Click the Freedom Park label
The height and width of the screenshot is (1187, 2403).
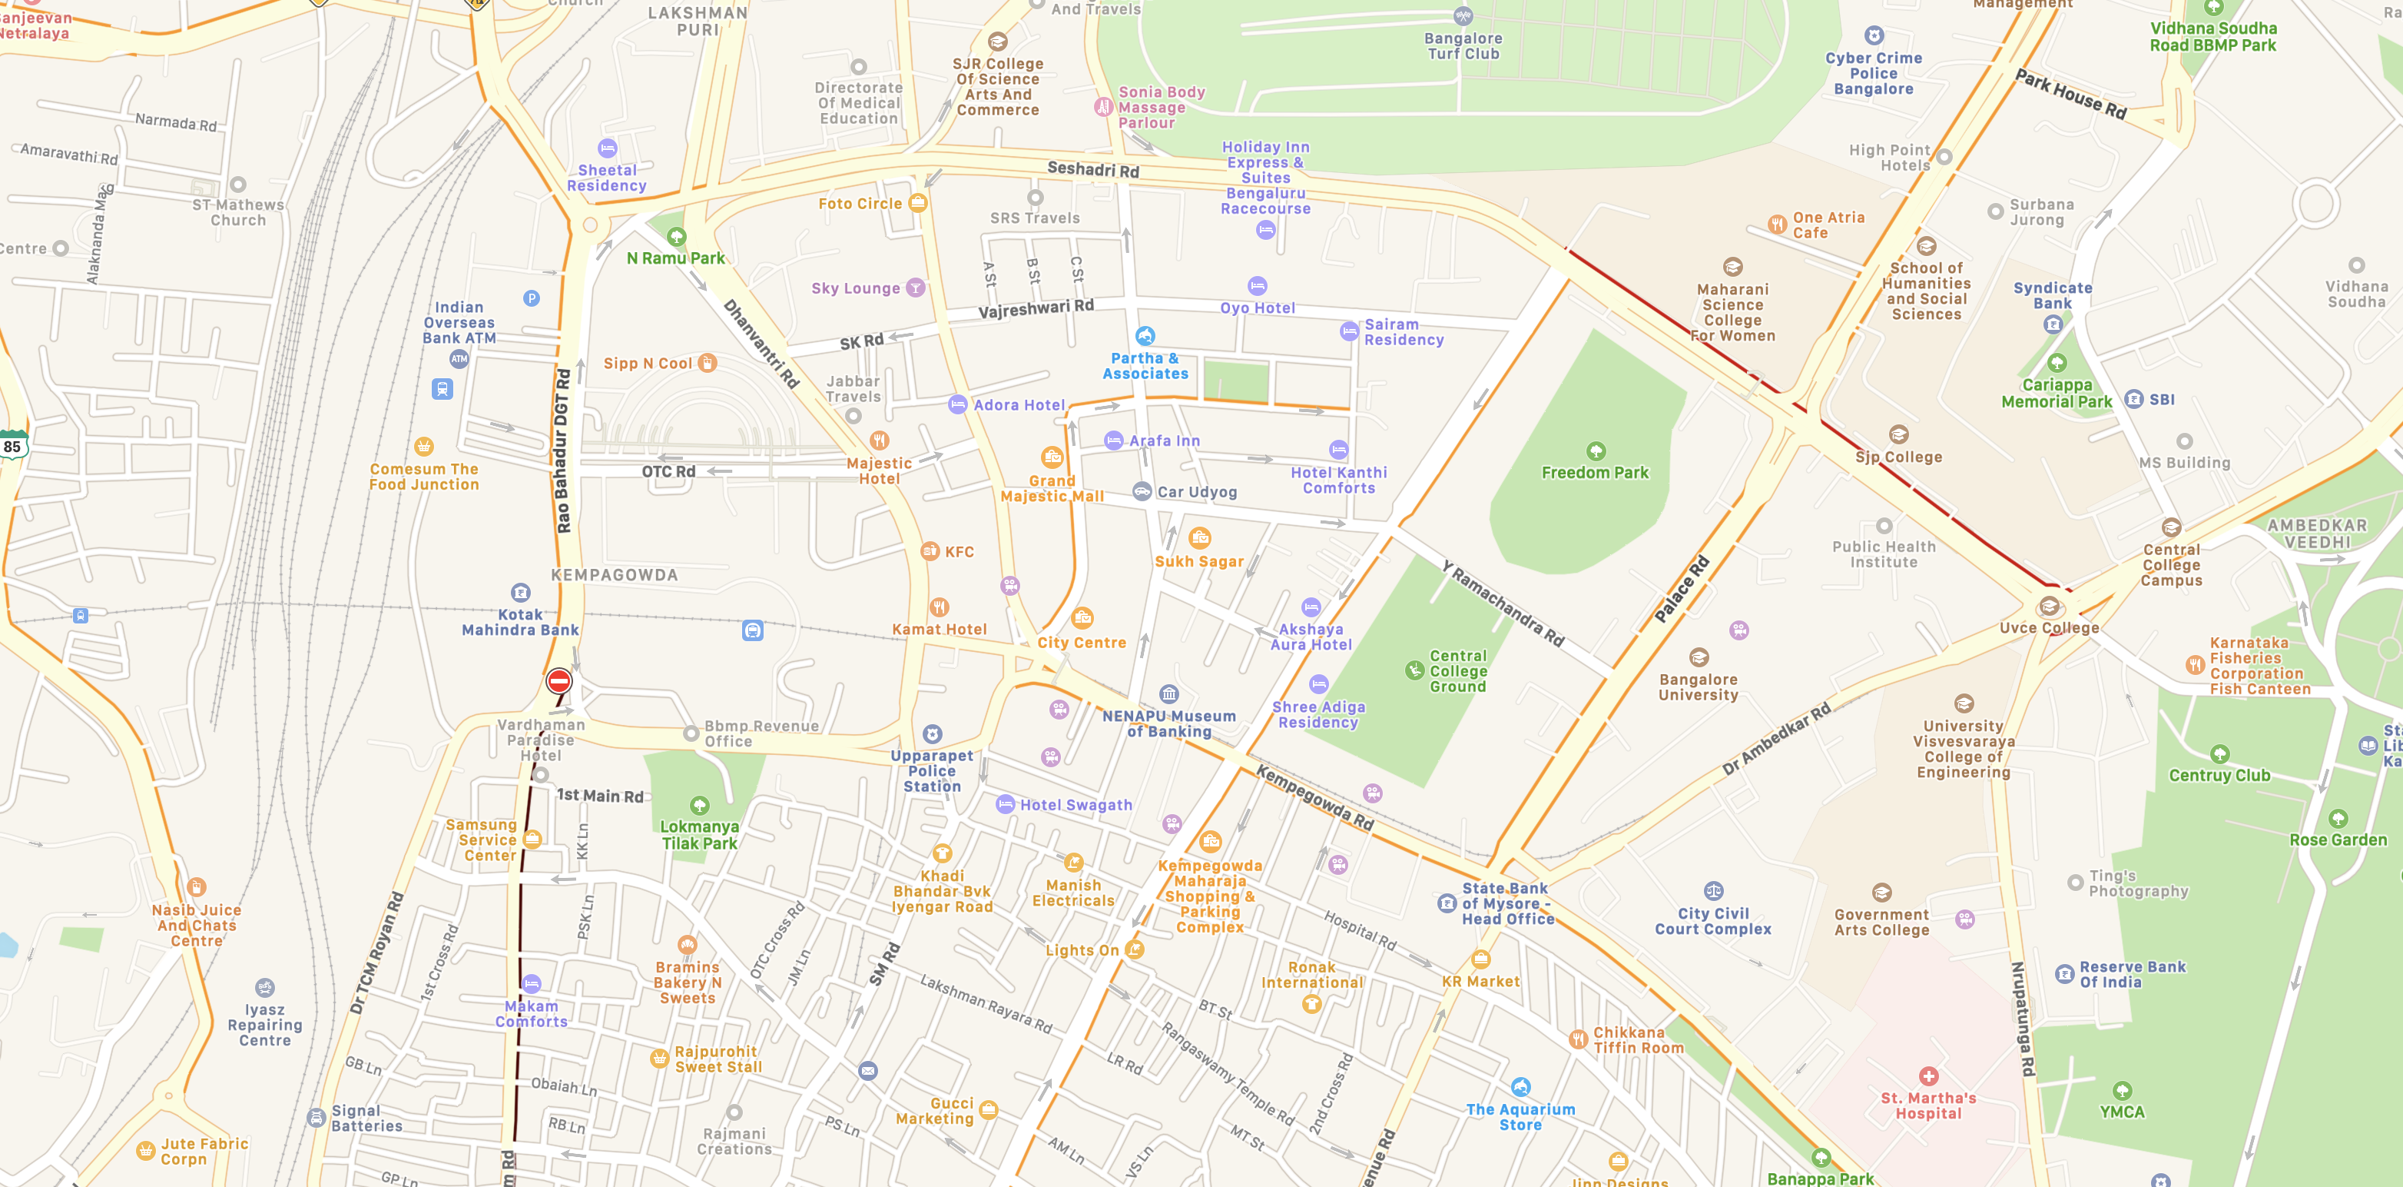point(1594,472)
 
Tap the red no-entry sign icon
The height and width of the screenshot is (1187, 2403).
point(558,681)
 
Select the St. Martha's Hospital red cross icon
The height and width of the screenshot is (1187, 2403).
point(1928,1076)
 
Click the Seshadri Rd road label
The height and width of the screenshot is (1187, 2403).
point(1092,169)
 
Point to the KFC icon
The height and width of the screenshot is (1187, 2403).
point(930,550)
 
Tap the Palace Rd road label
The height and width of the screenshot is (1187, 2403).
point(1681,589)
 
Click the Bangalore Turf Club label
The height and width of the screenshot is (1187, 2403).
point(1463,45)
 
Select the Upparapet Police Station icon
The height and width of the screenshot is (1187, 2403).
point(932,733)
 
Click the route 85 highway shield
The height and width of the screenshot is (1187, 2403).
point(12,446)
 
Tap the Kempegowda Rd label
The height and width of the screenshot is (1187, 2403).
point(1314,797)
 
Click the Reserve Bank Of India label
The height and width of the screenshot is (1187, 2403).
point(2132,974)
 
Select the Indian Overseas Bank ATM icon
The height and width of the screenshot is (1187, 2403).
point(459,358)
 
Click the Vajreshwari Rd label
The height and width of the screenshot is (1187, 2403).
point(1036,308)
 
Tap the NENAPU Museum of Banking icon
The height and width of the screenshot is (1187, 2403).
point(1169,693)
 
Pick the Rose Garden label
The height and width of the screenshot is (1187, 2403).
point(2338,839)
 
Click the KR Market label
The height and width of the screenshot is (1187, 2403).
point(1480,981)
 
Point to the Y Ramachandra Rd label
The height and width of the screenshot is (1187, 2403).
point(1502,603)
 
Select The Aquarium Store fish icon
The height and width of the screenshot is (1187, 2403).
point(1520,1087)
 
